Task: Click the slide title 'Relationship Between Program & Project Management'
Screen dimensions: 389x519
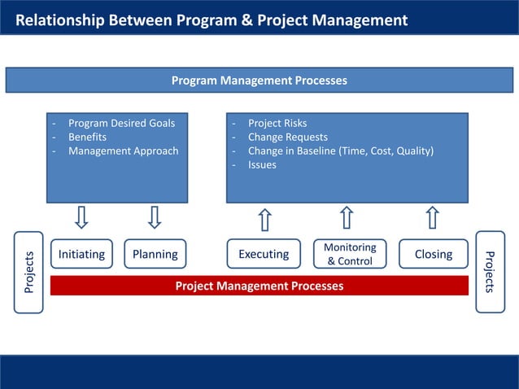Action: [212, 20]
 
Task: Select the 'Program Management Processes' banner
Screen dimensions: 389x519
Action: [259, 81]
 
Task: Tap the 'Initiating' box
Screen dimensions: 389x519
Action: [81, 254]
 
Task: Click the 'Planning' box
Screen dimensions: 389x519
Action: [155, 254]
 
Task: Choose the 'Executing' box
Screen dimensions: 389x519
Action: [264, 254]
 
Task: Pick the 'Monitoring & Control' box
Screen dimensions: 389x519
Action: [350, 254]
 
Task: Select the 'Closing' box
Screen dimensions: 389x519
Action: [433, 254]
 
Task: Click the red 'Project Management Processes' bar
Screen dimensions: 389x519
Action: [259, 286]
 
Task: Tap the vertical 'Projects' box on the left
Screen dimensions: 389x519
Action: [29, 272]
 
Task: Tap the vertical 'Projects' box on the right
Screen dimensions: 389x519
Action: [490, 272]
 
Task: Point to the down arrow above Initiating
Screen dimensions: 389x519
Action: [81, 217]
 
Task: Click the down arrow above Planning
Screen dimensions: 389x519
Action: [155, 217]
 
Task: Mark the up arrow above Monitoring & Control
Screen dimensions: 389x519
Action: [347, 218]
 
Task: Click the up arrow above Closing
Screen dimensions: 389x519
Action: [432, 218]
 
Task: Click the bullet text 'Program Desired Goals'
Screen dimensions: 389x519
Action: [121, 124]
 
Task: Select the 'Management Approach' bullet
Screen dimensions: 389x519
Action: [123, 151]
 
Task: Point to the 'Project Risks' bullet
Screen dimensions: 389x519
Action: [277, 124]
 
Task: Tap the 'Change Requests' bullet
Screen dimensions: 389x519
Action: [287, 138]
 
